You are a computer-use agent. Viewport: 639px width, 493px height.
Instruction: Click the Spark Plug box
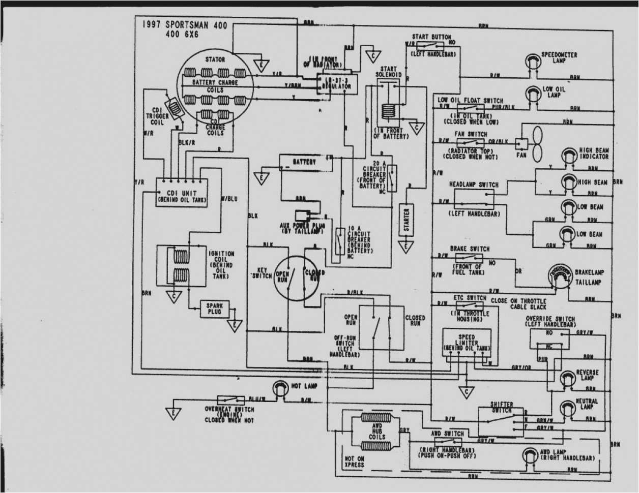click(x=215, y=308)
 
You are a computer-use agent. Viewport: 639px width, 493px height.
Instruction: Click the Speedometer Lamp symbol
click(x=533, y=61)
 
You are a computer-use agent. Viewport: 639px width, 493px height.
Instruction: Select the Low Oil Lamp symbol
click(x=533, y=93)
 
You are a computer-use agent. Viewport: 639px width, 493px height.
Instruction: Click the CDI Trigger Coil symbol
click(x=174, y=108)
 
